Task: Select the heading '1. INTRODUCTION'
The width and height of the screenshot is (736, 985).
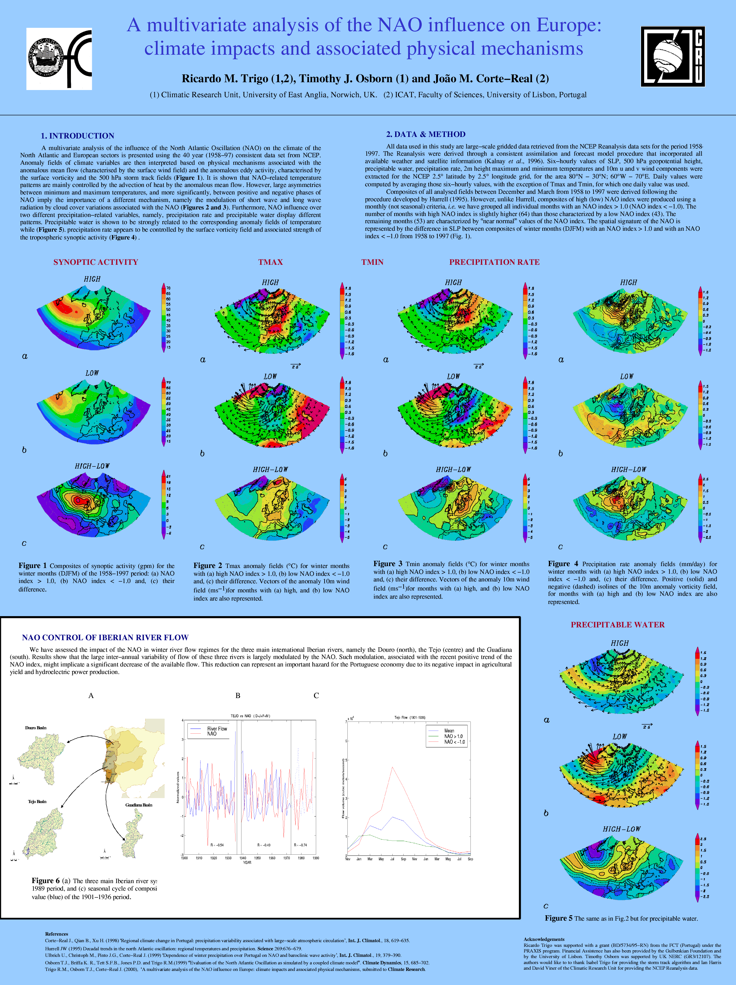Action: (x=77, y=136)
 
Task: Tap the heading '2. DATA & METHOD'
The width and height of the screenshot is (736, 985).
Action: (x=425, y=134)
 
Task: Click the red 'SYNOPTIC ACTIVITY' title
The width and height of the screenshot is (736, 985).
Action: (x=96, y=262)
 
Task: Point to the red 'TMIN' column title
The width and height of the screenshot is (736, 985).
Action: (x=372, y=262)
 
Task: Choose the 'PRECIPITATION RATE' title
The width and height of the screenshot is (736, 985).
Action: (x=494, y=262)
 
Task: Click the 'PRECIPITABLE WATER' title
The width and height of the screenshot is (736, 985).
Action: (x=617, y=625)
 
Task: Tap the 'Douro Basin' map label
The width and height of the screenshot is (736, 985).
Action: (x=36, y=728)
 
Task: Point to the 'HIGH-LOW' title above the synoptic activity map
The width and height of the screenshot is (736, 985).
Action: (x=92, y=466)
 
